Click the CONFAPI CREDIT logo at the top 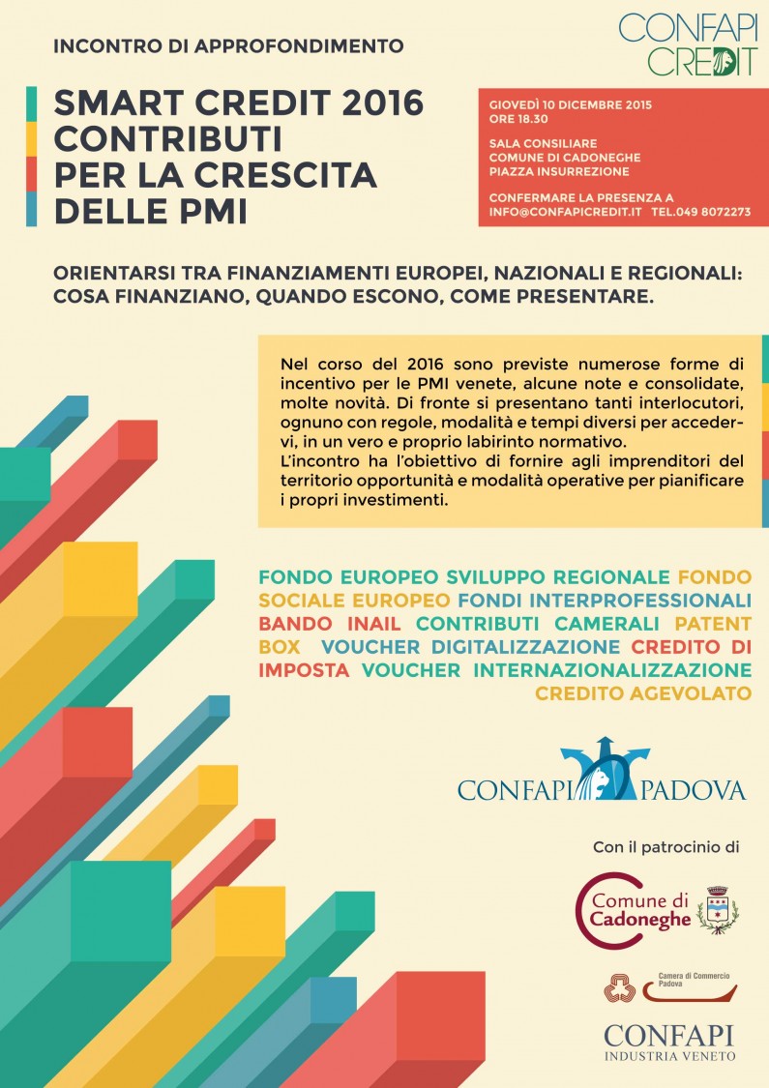pyautogui.click(x=688, y=44)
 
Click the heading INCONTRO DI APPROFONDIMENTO pyautogui.click(x=228, y=45)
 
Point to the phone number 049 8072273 pyautogui.click(x=714, y=211)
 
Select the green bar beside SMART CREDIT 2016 pyautogui.click(x=32, y=103)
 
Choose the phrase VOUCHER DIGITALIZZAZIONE pyautogui.click(x=471, y=646)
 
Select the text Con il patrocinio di pyautogui.click(x=665, y=848)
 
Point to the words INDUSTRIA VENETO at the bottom pyautogui.click(x=669, y=1055)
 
